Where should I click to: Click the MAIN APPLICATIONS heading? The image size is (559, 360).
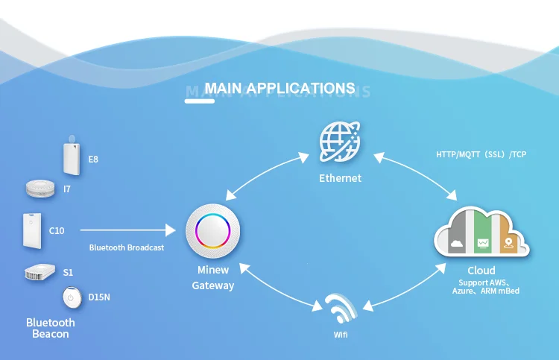tap(279, 89)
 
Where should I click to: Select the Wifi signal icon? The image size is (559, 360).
tap(341, 306)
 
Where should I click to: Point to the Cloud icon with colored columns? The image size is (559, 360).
tap(481, 233)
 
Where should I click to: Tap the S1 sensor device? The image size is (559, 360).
tap(40, 273)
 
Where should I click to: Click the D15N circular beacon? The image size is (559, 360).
tap(72, 297)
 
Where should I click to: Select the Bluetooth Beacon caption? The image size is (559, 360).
tap(51, 328)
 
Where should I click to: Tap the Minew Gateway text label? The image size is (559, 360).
tap(213, 277)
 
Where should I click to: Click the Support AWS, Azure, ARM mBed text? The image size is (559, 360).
tap(485, 287)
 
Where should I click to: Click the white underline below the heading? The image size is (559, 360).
tap(199, 101)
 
